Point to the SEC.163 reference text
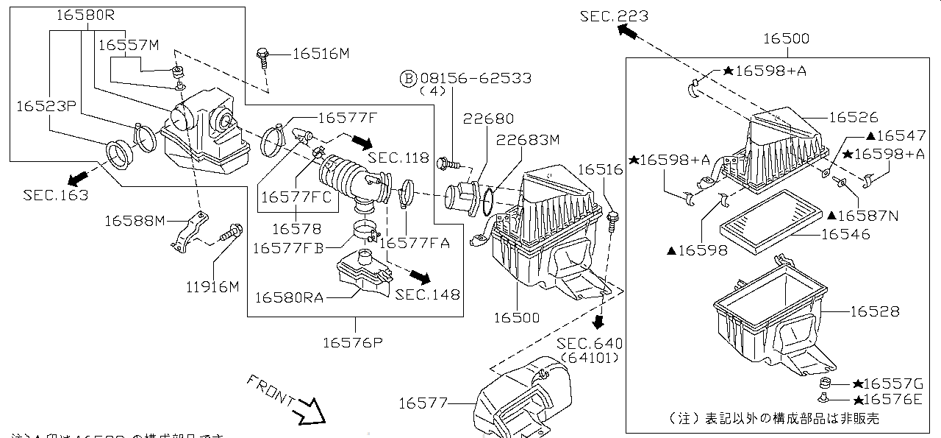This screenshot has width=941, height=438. pyautogui.click(x=55, y=195)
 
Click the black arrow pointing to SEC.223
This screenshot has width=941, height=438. pyautogui.click(x=627, y=30)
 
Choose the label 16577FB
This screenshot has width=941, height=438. pyautogui.click(x=287, y=248)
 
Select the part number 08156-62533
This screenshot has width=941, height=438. pyautogui.click(x=476, y=77)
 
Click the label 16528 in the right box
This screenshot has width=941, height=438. pyautogui.click(x=874, y=311)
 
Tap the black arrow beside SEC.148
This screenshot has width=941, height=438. pyautogui.click(x=420, y=277)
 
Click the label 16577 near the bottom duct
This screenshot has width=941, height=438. pyautogui.click(x=423, y=403)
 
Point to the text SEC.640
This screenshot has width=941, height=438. pyautogui.click(x=589, y=344)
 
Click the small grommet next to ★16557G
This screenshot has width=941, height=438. pyautogui.click(x=825, y=384)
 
